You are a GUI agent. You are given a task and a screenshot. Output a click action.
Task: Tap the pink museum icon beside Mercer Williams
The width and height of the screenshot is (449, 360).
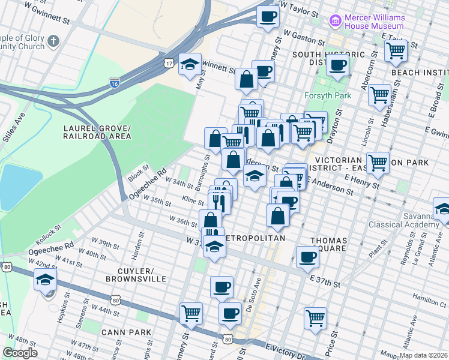(x=334, y=22)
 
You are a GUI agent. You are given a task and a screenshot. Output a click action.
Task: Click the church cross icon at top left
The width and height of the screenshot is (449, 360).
(x=53, y=42)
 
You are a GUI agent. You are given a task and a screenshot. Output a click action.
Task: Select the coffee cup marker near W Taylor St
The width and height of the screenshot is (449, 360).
(x=268, y=16)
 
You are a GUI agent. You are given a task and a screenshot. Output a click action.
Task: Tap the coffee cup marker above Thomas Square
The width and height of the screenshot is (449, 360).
(x=307, y=257)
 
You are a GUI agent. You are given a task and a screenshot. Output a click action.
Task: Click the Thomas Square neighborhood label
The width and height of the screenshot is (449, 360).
(x=328, y=244)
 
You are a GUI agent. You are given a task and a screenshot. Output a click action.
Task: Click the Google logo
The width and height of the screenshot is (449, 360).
(x=20, y=353)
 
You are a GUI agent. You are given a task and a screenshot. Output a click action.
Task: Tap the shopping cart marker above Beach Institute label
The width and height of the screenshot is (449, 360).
(x=396, y=52)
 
